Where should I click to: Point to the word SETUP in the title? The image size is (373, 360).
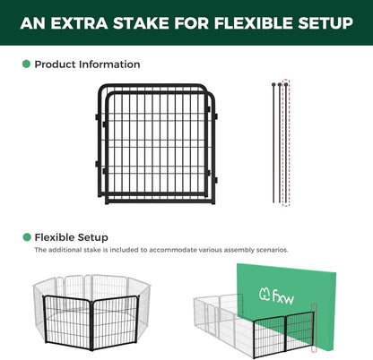324,21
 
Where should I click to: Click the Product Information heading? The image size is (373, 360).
87,64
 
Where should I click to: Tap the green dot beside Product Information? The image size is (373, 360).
27,64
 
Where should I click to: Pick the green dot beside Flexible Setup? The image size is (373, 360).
27,237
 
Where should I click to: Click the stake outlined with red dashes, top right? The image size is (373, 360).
286,143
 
